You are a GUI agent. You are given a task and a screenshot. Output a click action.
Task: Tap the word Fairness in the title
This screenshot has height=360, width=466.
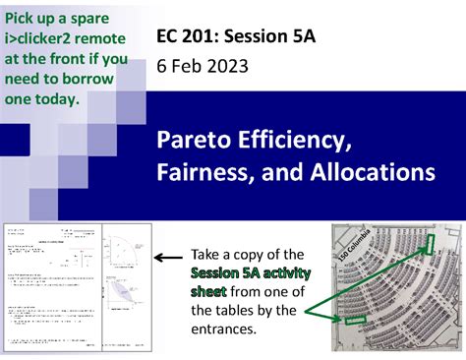click(203, 173)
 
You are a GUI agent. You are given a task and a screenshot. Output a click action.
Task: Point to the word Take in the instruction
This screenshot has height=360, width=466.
click(207, 254)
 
